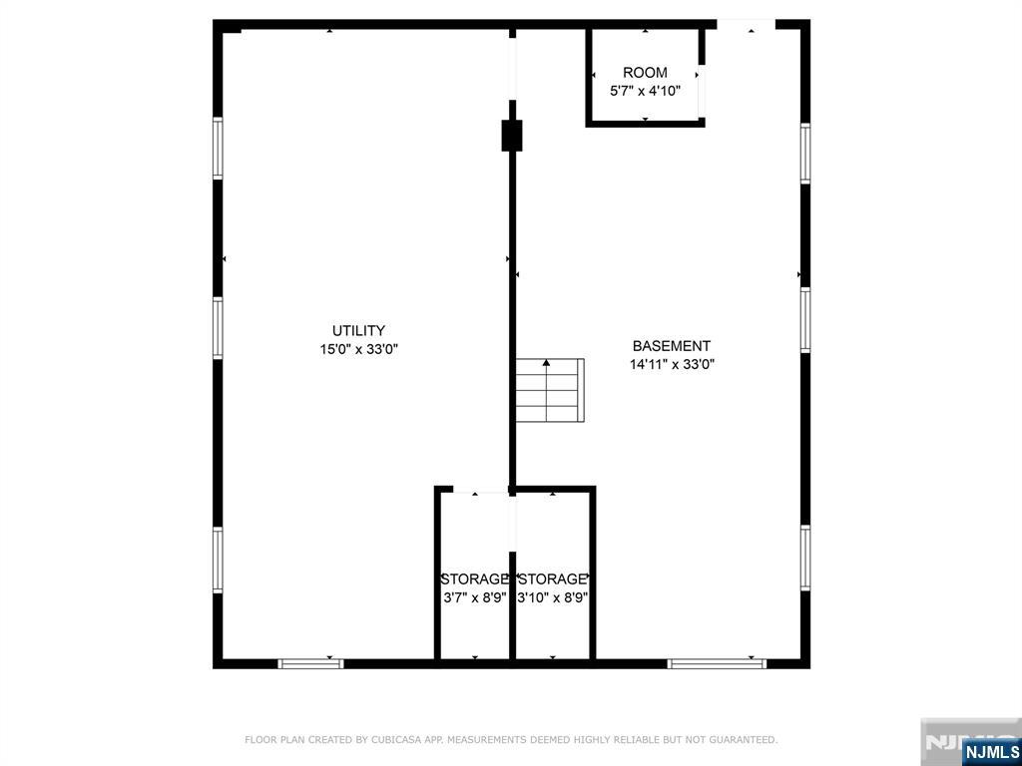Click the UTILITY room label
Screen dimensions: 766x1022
(x=358, y=331)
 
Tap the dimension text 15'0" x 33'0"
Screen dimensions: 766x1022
(x=358, y=349)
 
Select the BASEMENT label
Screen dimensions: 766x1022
(x=671, y=346)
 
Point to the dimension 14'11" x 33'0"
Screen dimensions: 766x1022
(x=672, y=364)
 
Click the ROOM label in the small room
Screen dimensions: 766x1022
(x=645, y=73)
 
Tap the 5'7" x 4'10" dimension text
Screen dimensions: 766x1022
(x=645, y=90)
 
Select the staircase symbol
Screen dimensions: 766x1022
(x=549, y=390)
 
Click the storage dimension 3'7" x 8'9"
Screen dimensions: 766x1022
(x=475, y=597)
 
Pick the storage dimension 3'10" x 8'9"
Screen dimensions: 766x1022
(x=552, y=597)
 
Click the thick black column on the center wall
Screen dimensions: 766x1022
(x=512, y=135)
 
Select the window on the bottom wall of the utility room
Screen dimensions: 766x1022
(x=310, y=663)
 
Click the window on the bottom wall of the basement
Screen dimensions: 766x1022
(x=717, y=663)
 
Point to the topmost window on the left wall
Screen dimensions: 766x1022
(x=218, y=149)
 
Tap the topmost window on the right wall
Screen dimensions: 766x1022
(x=805, y=154)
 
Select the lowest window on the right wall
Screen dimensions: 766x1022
(x=805, y=558)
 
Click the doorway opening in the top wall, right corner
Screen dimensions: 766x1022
(x=746, y=24)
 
